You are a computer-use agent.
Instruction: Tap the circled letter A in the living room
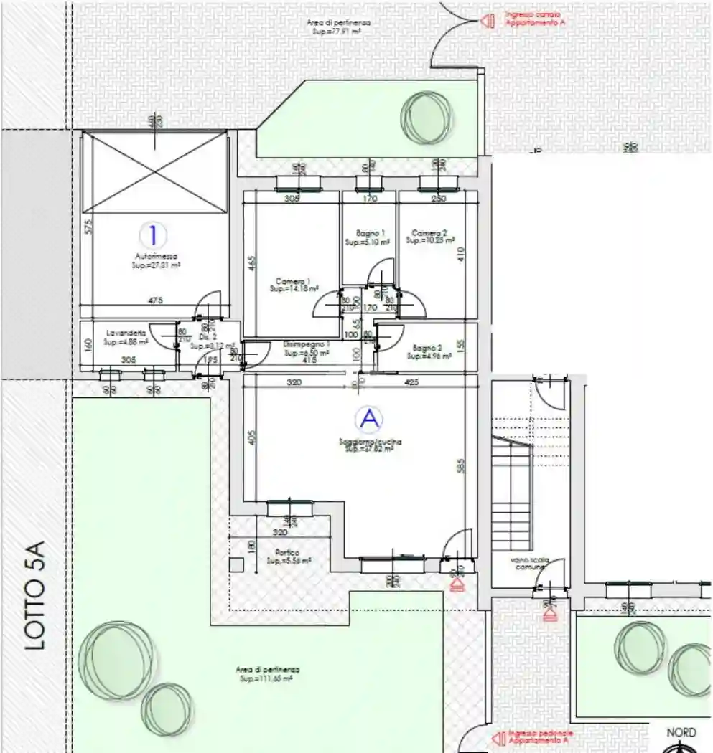tap(369, 419)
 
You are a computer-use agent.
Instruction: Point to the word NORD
tap(681, 732)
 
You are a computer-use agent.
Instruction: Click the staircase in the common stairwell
tap(511, 495)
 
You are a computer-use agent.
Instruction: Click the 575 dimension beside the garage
tap(88, 228)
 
